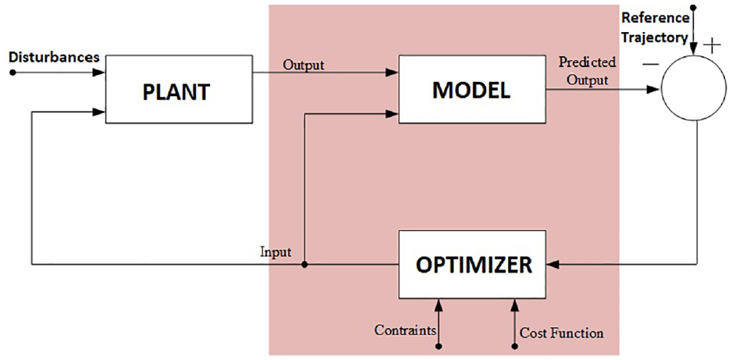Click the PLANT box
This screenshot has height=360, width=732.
point(179,89)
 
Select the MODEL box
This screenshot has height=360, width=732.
point(471,89)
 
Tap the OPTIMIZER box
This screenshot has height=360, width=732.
point(472,264)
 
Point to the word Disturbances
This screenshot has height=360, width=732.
point(54,58)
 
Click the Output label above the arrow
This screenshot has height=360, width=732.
point(304,65)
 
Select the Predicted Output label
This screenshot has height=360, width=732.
point(588,70)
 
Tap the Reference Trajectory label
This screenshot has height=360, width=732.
point(656,27)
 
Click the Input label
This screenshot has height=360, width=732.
point(275,252)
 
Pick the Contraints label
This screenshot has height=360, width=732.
point(405,330)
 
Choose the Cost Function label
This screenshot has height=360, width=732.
point(562,333)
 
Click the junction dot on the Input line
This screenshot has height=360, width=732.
point(304,265)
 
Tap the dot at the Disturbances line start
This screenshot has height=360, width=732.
point(12,73)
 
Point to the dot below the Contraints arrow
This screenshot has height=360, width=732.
point(439,347)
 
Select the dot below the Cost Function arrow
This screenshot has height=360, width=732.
point(515,347)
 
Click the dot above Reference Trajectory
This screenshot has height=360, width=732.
point(693,8)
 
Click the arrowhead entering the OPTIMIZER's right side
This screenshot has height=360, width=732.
point(553,265)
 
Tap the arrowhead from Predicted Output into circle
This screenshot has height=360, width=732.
point(656,89)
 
